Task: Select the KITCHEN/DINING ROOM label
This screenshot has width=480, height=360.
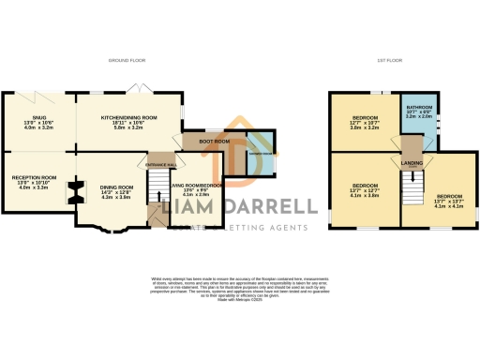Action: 128,117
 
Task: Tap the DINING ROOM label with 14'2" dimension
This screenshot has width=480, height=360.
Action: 117,187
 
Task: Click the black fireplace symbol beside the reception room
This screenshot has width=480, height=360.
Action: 69,193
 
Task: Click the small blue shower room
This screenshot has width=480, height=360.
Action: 261,157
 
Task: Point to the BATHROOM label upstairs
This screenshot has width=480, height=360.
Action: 419,108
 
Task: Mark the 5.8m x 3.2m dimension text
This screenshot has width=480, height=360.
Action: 128,127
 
